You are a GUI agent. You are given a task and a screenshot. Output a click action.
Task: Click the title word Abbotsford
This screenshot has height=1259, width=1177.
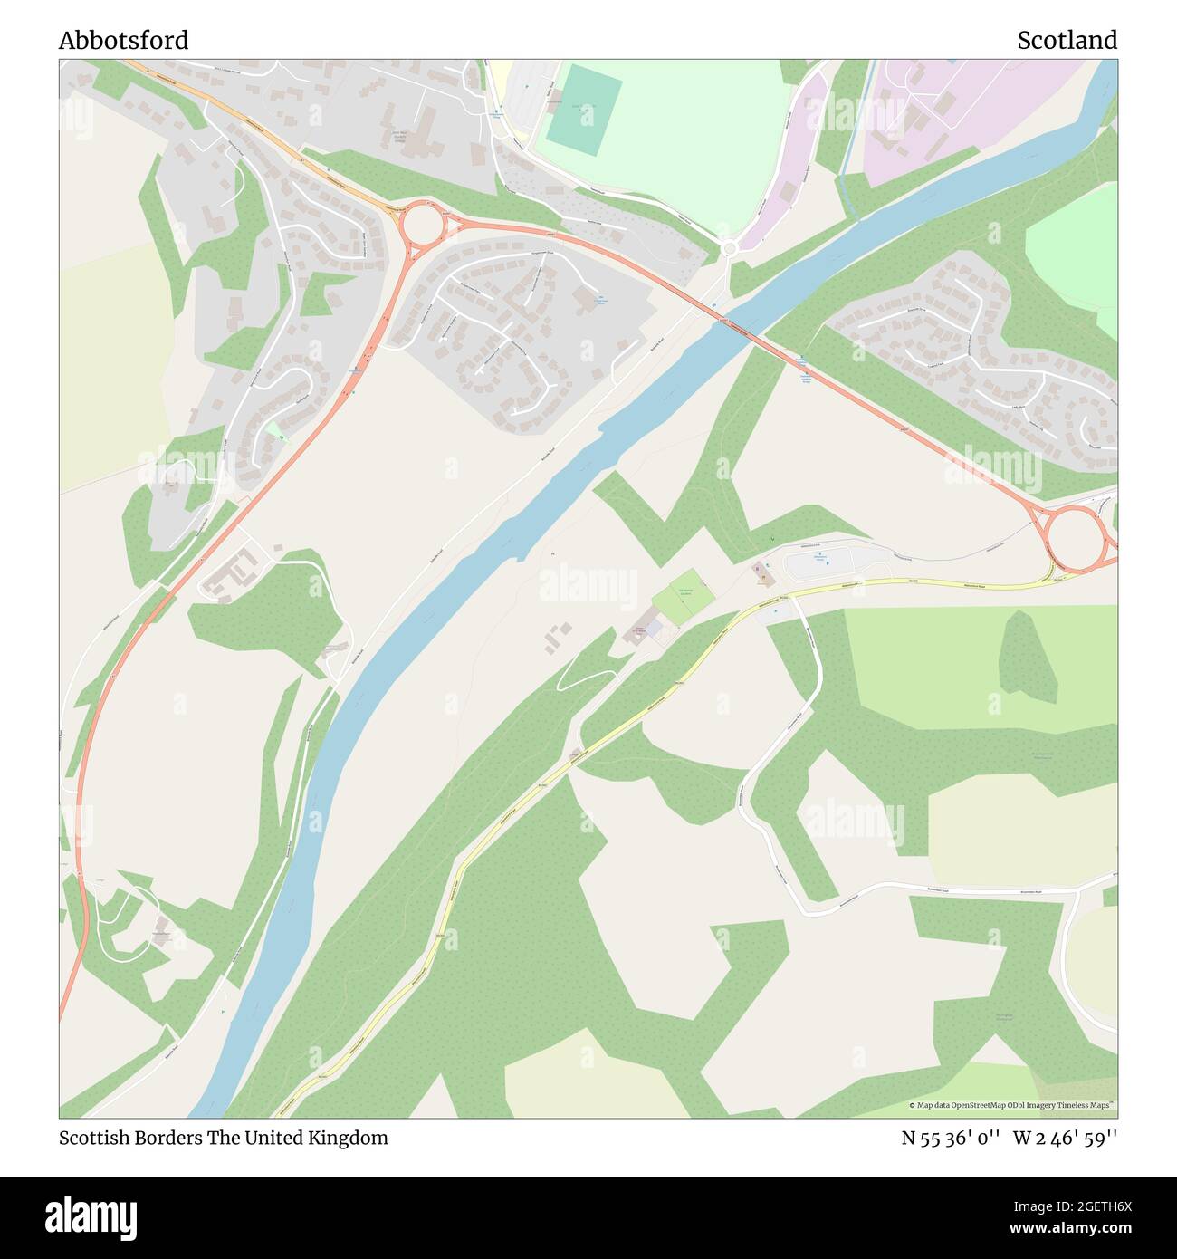124,40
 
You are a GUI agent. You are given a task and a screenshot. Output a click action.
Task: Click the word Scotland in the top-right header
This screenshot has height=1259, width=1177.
1067,40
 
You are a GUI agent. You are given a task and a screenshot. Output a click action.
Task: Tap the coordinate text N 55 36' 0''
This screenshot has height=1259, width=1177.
950,1139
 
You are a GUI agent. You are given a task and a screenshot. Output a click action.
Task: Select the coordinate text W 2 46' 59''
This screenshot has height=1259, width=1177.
1065,1139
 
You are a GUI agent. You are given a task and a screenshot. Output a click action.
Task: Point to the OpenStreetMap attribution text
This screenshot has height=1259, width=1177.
1012,1105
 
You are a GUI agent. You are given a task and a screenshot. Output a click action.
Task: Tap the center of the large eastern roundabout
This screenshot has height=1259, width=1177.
1074,540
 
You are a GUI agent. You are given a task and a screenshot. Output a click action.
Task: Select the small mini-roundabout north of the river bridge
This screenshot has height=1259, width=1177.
730,247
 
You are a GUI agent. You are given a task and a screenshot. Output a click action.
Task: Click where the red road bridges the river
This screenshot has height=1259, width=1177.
738,330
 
